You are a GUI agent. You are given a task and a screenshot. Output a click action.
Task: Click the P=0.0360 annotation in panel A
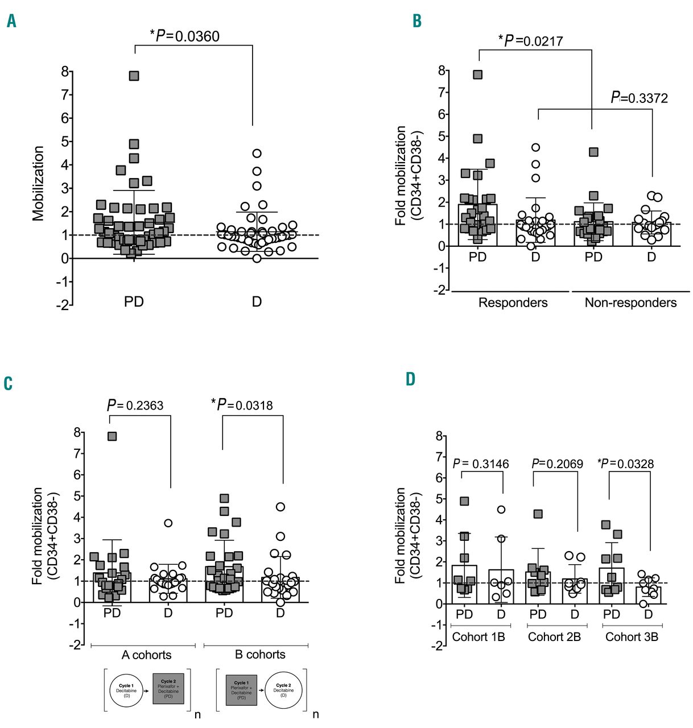(185, 36)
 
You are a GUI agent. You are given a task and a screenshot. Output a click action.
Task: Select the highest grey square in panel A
(134, 76)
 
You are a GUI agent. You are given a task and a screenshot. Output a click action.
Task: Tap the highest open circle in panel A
(257, 153)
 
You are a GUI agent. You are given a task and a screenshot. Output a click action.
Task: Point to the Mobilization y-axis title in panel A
(38, 183)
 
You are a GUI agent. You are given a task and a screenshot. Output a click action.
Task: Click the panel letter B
(417, 21)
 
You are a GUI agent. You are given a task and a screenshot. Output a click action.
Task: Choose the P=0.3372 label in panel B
(639, 98)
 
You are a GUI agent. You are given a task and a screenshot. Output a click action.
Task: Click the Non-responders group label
(630, 303)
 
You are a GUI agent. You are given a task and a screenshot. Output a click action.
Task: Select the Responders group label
(513, 303)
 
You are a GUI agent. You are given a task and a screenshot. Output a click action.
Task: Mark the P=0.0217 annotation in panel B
(531, 40)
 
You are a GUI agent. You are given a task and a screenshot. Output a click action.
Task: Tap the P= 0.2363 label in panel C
(135, 406)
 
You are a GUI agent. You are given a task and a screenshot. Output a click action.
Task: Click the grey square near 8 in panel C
(112, 436)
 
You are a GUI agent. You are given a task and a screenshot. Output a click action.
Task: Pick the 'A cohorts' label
(146, 655)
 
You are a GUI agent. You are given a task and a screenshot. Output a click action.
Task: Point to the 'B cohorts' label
(260, 655)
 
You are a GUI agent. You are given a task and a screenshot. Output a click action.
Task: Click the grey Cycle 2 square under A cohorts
(168, 688)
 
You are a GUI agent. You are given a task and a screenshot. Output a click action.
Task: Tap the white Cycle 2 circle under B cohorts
(282, 689)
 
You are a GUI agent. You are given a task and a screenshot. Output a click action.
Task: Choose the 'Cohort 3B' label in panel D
(632, 637)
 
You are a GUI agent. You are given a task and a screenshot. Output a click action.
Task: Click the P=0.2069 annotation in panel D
(557, 464)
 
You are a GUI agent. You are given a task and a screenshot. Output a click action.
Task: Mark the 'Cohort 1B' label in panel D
(478, 637)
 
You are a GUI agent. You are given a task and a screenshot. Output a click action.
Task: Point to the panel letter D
(410, 379)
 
